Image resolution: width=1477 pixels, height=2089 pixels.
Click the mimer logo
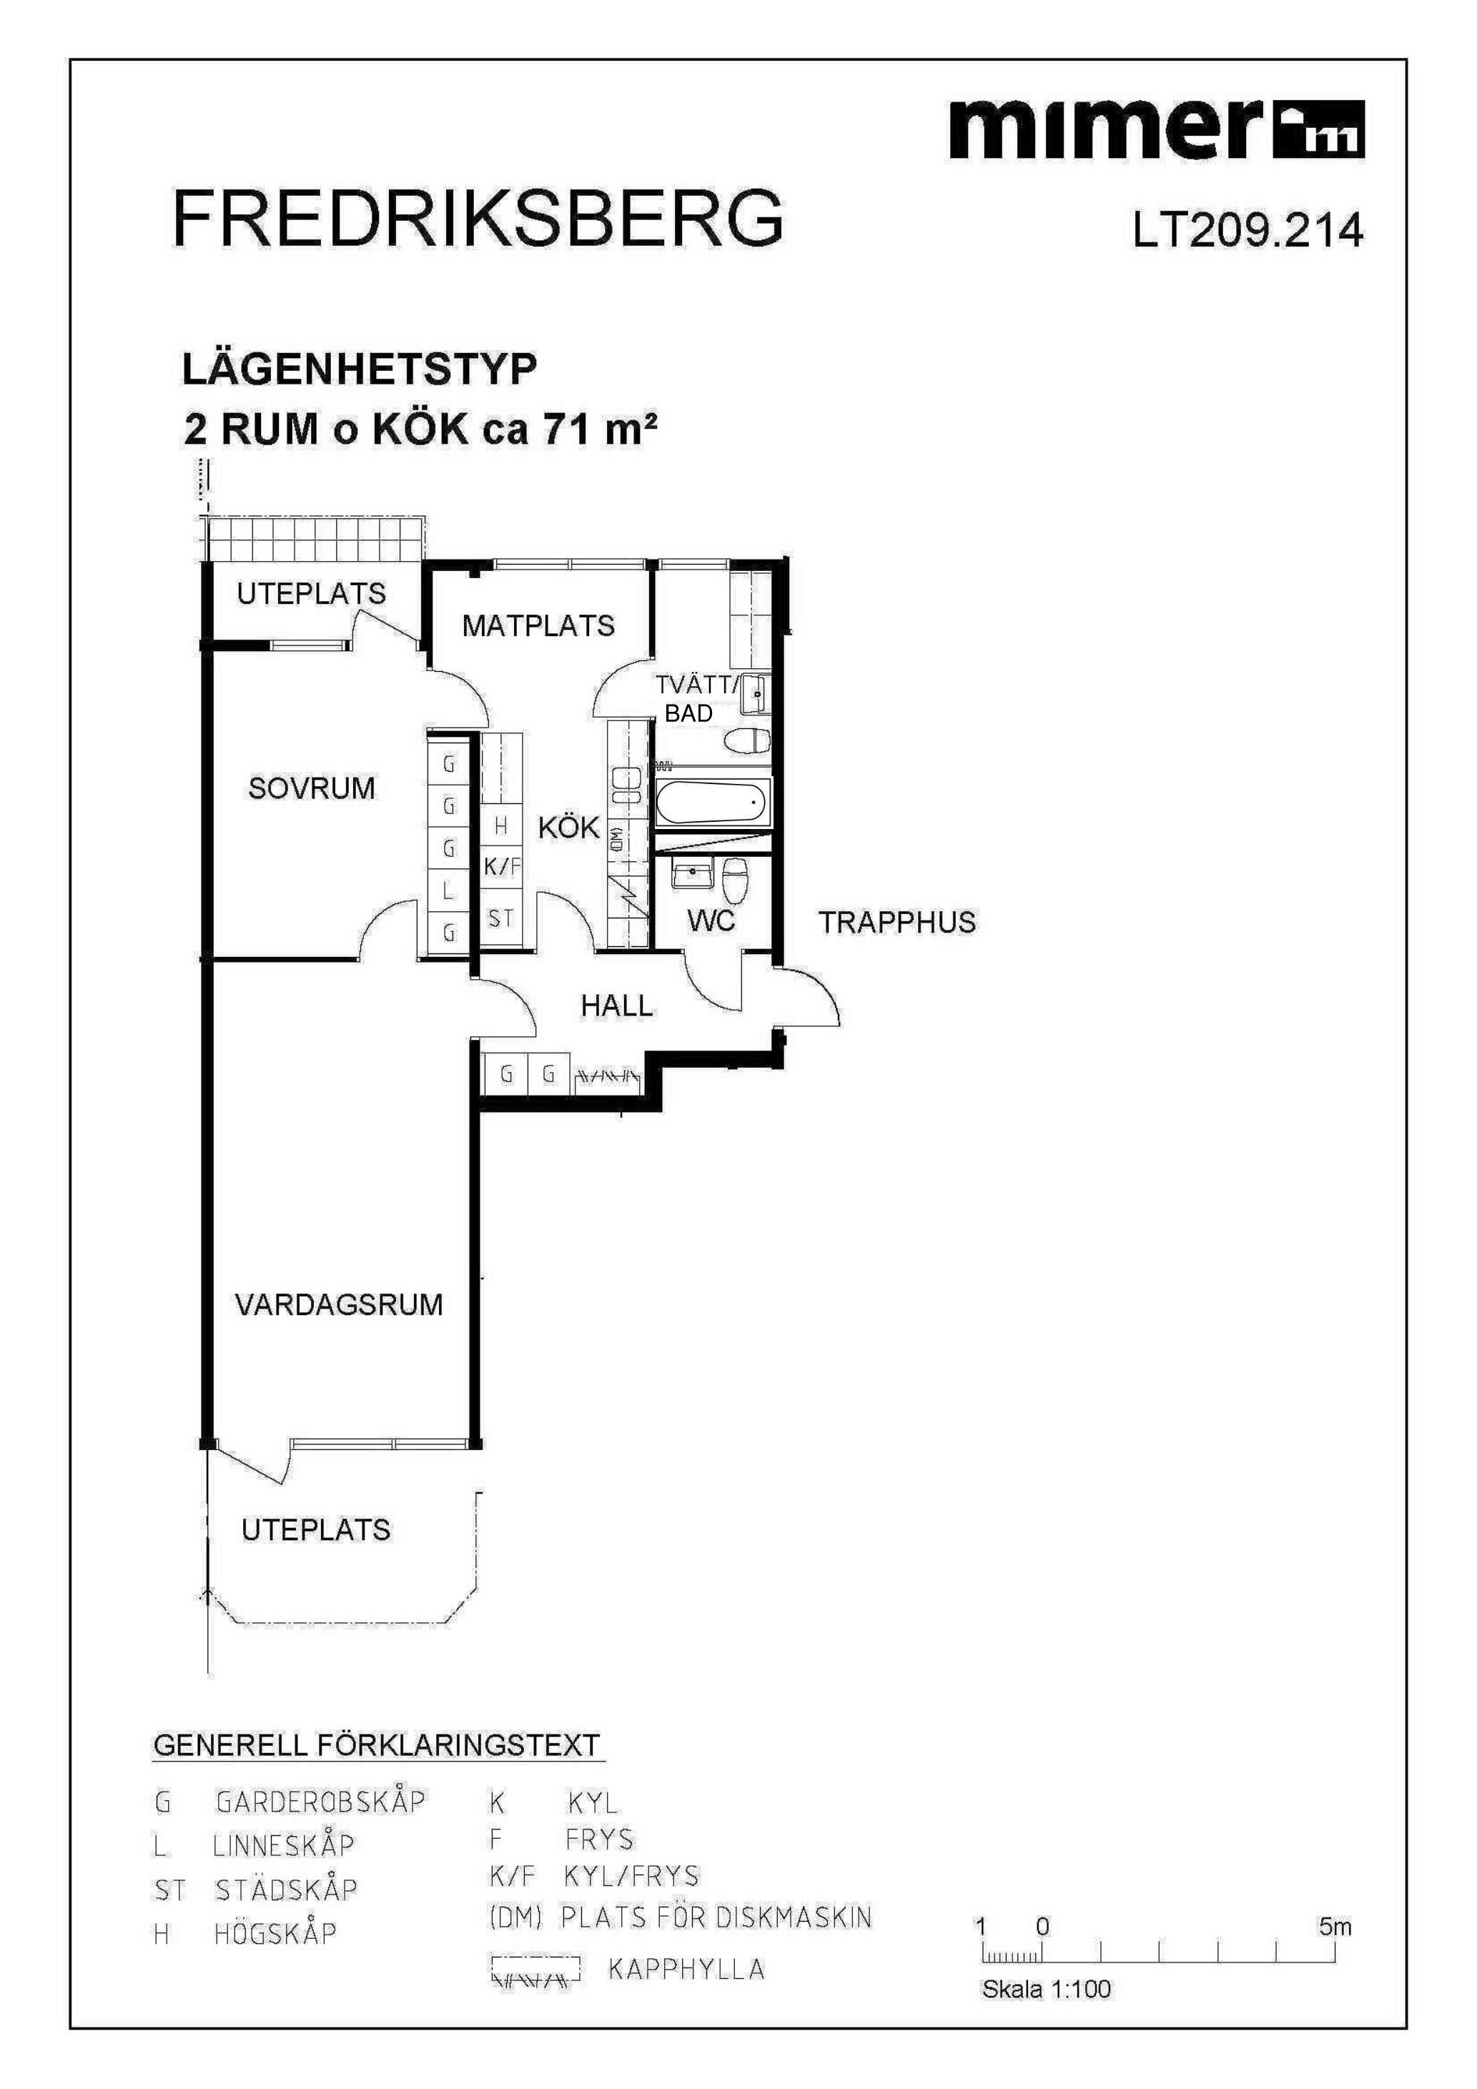tap(1156, 129)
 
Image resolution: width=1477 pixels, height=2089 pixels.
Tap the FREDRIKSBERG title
tap(478, 219)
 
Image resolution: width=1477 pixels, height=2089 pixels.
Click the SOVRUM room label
tap(311, 788)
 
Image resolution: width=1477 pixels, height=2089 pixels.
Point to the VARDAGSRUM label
tap(340, 1305)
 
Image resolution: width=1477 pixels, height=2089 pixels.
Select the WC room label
tap(711, 922)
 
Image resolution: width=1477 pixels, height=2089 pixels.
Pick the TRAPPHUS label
tap(896, 923)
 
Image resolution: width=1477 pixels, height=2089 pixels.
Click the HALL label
tap(617, 1006)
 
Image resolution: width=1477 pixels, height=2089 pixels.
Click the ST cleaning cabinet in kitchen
tap(501, 919)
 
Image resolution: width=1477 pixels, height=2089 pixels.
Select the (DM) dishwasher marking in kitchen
tap(616, 839)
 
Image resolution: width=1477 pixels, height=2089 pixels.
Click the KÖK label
tap(569, 828)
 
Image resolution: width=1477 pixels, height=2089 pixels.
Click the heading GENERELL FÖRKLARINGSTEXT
tap(377, 1746)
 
